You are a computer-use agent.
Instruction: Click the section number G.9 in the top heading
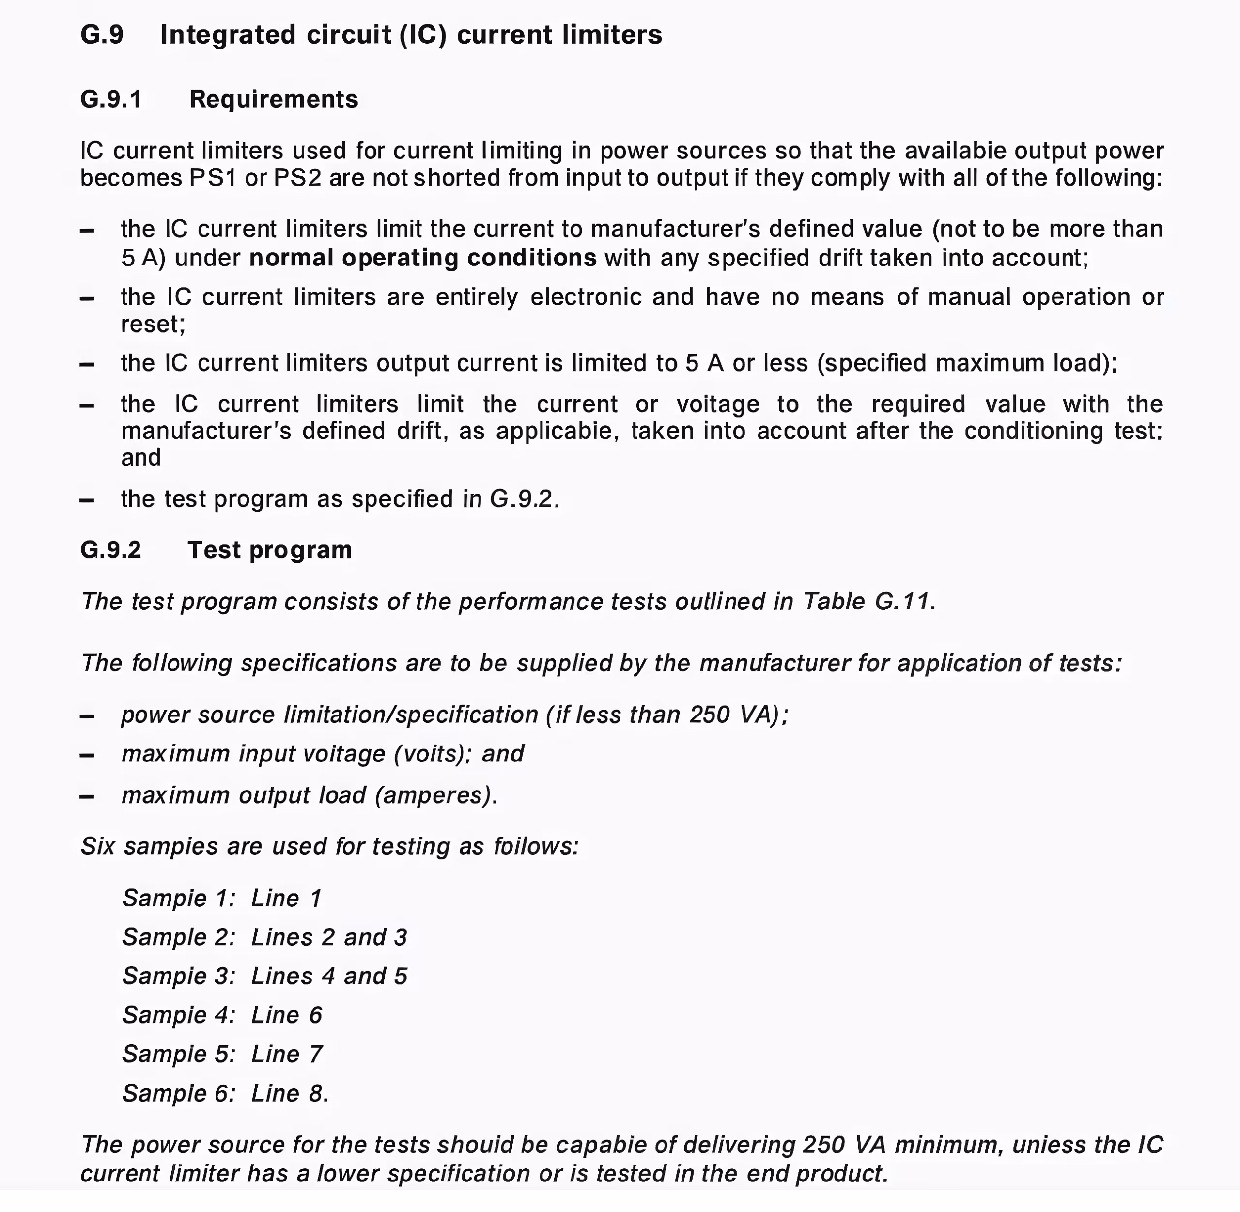tap(102, 35)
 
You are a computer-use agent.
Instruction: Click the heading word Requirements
tap(274, 99)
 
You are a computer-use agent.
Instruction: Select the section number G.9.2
tap(111, 550)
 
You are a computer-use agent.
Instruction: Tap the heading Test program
tap(270, 550)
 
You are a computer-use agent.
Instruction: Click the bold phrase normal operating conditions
tap(423, 258)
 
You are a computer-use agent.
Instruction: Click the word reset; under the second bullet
tap(153, 325)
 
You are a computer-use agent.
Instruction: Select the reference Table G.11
tap(869, 602)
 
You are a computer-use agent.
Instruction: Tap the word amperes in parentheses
tap(435, 796)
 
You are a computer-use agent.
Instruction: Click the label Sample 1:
tap(179, 898)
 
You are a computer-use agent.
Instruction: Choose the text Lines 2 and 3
tap(329, 937)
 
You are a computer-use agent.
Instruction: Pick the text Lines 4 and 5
tap(329, 976)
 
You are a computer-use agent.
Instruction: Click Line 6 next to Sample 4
tap(286, 1015)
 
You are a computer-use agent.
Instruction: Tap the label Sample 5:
tap(179, 1054)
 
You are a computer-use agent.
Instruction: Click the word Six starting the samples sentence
tap(97, 847)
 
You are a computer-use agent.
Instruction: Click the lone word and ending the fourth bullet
tap(140, 458)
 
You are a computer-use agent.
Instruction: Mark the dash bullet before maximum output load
tap(87, 796)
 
